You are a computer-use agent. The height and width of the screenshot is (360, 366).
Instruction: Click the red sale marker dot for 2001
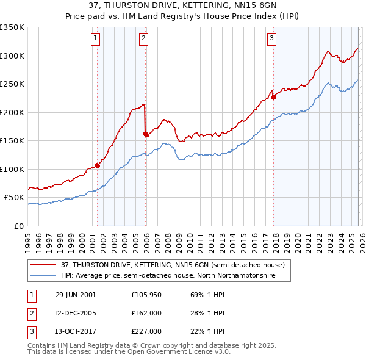point(98,165)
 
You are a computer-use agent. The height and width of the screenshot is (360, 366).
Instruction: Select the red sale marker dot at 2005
point(146,134)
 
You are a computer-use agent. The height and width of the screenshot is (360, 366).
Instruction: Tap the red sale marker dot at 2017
point(273,96)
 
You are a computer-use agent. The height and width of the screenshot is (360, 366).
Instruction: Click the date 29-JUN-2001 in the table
point(76,294)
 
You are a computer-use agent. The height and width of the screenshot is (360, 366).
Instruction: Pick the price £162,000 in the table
point(146,313)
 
